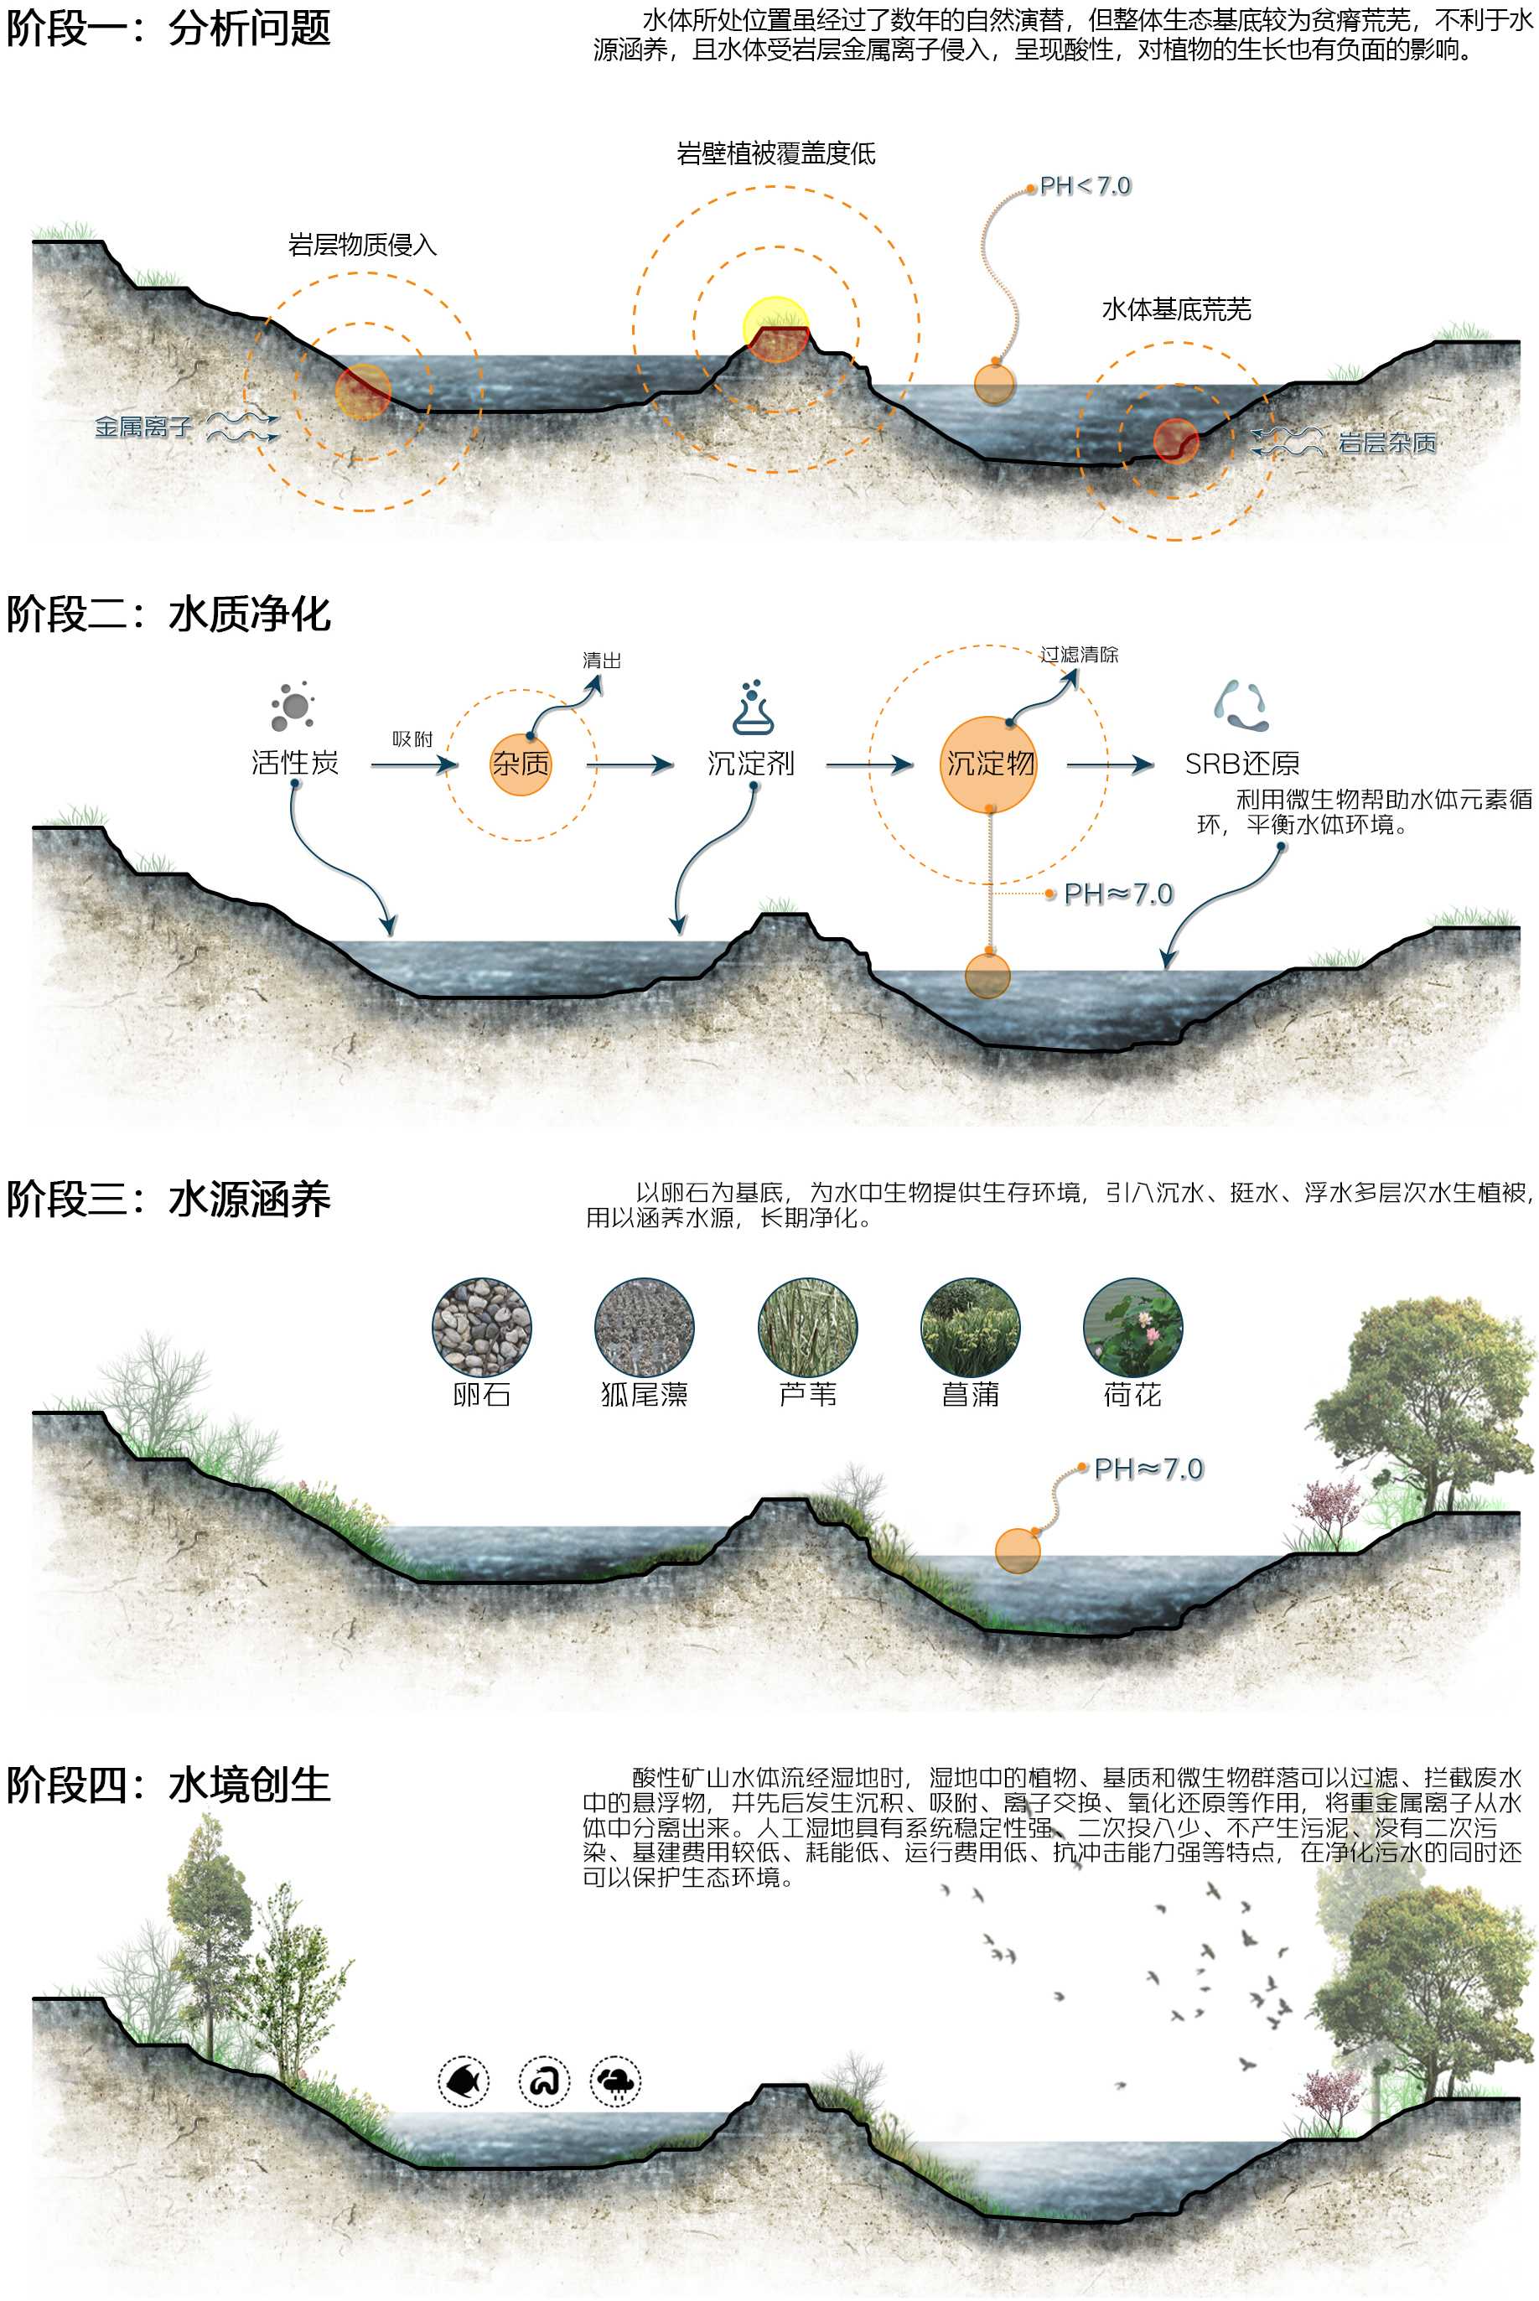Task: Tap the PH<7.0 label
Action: [1085, 186]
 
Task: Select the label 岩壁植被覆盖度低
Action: [775, 154]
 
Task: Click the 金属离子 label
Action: [143, 427]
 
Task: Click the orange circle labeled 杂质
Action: [521, 764]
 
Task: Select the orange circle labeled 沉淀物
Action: [989, 764]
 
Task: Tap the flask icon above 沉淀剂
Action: [753, 708]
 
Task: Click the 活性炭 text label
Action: [294, 763]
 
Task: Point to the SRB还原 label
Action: [1241, 764]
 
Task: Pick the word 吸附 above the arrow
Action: [412, 738]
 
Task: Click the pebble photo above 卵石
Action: [482, 1328]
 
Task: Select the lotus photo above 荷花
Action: [1132, 1328]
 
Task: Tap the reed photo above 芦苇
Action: [808, 1328]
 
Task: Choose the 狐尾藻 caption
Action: [644, 1394]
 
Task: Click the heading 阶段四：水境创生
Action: [168, 1785]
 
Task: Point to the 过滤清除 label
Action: [1079, 655]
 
